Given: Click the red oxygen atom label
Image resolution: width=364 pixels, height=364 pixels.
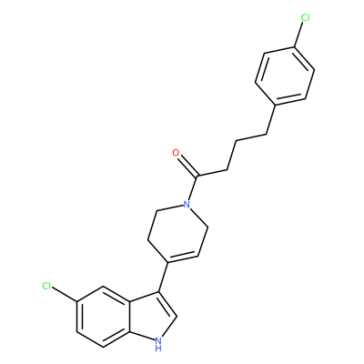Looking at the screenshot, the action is pos(176,153).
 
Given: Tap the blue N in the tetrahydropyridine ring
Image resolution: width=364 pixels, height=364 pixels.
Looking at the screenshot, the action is pos(187,205).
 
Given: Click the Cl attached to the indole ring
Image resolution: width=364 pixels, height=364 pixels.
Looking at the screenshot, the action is pos(46,286).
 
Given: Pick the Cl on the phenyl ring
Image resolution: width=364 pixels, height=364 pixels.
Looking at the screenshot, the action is pos(305,17).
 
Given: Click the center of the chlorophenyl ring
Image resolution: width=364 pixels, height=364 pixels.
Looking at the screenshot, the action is pos(285,76).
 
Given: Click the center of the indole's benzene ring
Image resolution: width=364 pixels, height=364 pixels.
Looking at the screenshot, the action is pos(103,317).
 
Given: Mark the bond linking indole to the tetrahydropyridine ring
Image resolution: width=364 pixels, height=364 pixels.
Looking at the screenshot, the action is pos(164,277).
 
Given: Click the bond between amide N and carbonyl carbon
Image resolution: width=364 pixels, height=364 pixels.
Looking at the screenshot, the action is pos(193,188).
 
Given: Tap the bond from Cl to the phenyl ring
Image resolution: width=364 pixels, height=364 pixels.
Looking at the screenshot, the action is pos(298,35).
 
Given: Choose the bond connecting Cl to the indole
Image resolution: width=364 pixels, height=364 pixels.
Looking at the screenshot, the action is pos(65,295).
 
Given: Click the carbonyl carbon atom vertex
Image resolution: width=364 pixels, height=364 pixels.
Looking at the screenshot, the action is pos(197,177).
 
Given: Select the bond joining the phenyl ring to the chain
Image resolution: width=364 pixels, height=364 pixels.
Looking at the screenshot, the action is pos(271,120).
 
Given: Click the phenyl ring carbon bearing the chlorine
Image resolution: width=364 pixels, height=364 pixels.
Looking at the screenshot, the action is pos(294,47).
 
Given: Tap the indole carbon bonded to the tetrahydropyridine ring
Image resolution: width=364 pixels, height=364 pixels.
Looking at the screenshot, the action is pos(159,292).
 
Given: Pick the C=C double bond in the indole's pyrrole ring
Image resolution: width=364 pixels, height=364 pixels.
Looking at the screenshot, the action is pos(167,305).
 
